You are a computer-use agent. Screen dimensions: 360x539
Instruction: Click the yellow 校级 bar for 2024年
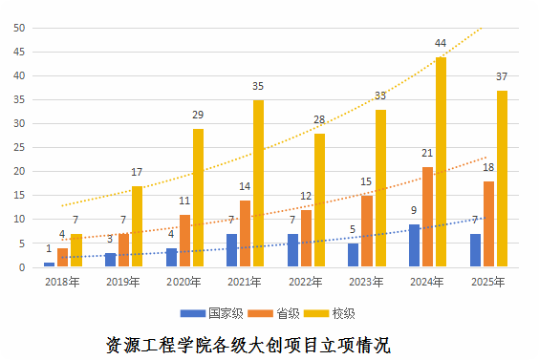[x=441, y=162]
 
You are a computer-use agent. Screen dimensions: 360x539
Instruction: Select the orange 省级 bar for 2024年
[x=427, y=217]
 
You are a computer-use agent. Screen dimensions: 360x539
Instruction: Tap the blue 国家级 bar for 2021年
[x=232, y=250]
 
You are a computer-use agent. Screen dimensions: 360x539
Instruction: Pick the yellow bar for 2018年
[x=75, y=251]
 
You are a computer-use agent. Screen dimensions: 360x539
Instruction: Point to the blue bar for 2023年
[x=354, y=255]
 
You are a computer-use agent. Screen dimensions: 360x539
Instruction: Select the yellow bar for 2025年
[x=502, y=179]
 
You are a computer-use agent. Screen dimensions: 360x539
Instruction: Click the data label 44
[x=441, y=44]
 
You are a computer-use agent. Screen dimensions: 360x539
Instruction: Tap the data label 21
[x=427, y=154]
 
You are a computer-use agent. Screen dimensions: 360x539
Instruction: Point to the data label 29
[x=198, y=116]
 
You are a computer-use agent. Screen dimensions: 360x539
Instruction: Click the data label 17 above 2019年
[x=137, y=173]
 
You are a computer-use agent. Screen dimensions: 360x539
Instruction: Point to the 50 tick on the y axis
[x=18, y=27]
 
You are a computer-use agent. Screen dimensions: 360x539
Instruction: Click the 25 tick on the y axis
[x=18, y=147]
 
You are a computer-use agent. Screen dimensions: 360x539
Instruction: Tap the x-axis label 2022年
[x=306, y=283]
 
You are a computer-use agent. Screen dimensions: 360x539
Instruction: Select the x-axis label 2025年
[x=488, y=283]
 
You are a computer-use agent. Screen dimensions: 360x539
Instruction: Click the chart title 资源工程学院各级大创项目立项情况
[x=248, y=344]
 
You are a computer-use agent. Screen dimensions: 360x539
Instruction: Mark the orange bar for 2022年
[x=306, y=239]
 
